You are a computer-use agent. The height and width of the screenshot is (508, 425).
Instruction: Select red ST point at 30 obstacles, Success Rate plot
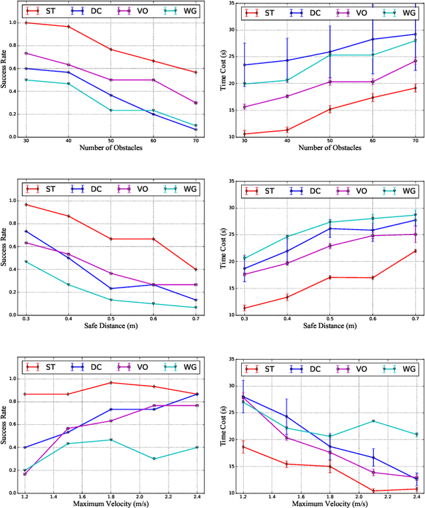(x=26, y=23)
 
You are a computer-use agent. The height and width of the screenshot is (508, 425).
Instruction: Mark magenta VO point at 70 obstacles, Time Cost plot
(x=416, y=61)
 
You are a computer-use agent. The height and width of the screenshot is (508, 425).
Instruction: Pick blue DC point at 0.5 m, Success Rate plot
(x=112, y=288)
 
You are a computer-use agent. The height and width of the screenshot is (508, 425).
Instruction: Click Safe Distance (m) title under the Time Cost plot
(x=321, y=325)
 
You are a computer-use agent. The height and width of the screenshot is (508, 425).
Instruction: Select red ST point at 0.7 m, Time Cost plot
(x=416, y=250)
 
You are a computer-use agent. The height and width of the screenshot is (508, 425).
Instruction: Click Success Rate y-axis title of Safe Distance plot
(x=6, y=247)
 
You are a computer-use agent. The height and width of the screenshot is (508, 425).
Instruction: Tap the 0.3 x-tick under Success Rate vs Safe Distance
(x=26, y=319)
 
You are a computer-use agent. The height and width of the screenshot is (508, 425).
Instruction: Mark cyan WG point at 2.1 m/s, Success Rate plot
(x=154, y=459)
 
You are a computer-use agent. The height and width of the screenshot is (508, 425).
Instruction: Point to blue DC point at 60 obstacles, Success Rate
(x=154, y=114)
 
